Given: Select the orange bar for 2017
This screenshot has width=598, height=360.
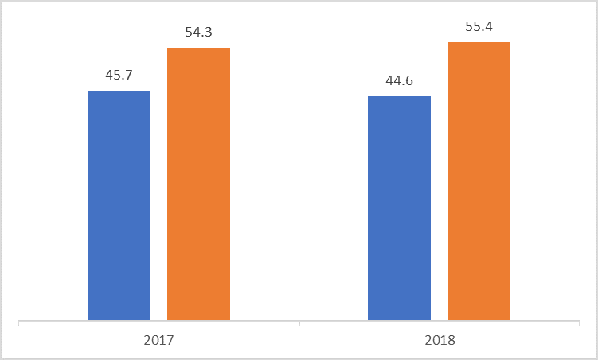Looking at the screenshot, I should [x=198, y=184].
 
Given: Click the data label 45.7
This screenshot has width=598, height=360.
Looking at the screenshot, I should [x=119, y=76].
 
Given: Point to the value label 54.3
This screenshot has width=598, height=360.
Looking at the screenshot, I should [x=198, y=33].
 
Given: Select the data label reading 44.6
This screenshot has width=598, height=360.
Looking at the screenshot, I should [x=399, y=81].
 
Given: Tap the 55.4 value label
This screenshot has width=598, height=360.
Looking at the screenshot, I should [x=479, y=26].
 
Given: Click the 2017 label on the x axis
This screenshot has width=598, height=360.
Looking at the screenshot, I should [x=159, y=340].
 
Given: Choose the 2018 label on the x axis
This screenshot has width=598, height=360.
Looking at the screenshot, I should [x=440, y=340].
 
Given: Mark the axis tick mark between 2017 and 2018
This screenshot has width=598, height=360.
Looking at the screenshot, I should [x=299, y=324].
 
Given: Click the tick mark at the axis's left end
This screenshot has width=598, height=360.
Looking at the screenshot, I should [x=18, y=324].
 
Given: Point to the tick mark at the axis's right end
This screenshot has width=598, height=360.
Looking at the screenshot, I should [x=580, y=324].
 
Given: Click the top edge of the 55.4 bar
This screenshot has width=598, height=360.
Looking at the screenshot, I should [x=479, y=42].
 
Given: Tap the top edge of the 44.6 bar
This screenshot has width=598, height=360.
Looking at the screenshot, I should [x=399, y=97].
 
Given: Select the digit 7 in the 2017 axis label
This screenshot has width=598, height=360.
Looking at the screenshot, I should [x=170, y=340].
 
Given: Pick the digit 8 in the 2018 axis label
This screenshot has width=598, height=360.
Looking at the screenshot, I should [x=451, y=340].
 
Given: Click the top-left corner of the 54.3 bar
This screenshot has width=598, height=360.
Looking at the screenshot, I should [x=167, y=49].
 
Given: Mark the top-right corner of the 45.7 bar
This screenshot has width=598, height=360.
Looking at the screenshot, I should [x=150, y=92].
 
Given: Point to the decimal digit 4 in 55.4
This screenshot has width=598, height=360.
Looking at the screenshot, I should [x=488, y=26].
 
